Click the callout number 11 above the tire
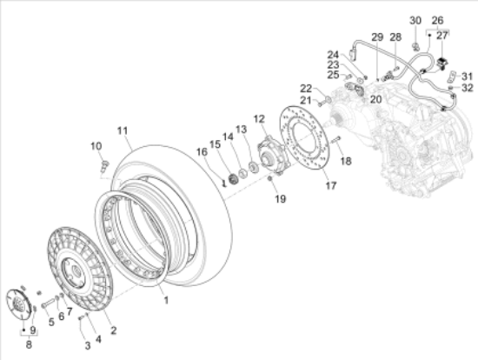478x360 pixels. [123, 131]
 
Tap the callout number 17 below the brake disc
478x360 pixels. [331, 185]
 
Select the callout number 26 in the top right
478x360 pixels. [437, 21]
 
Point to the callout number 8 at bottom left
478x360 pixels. [29, 344]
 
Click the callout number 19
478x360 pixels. [281, 199]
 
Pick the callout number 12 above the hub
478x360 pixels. [259, 119]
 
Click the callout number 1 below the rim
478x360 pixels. [166, 301]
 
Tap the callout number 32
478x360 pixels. [468, 88]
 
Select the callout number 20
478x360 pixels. [375, 99]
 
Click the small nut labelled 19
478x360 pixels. [269, 178]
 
